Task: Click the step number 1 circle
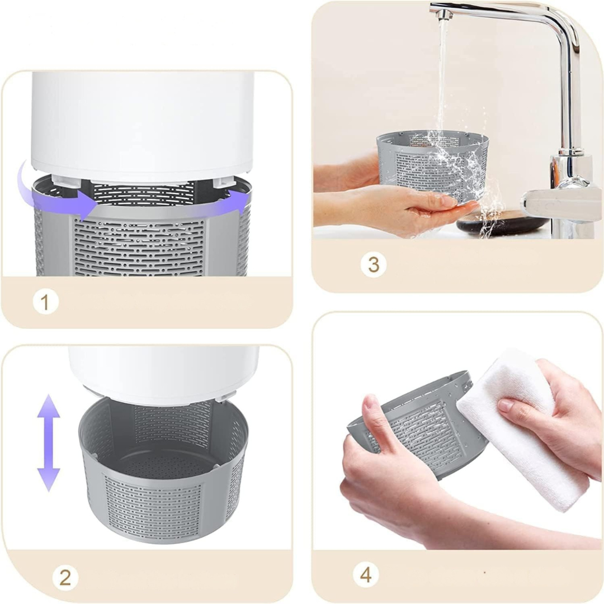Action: (45, 301)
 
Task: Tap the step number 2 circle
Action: (65, 578)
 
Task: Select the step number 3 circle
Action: (373, 265)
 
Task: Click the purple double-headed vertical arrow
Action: (49, 443)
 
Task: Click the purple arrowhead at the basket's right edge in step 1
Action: (241, 199)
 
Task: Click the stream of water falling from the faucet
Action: (443, 77)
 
